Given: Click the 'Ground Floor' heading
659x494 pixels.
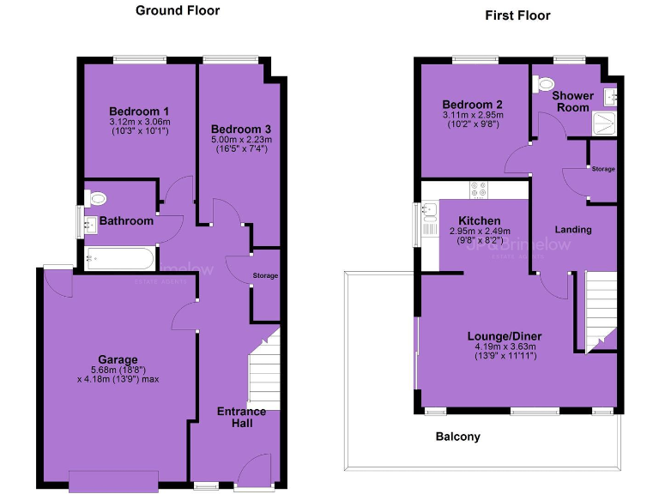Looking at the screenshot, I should tap(178, 11).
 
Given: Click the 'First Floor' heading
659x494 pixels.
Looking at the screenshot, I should tap(517, 15).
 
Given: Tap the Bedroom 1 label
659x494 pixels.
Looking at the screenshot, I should tap(138, 111).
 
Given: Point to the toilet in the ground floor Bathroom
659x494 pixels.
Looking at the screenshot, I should tap(97, 198).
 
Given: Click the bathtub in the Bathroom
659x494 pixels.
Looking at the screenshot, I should tap(120, 257).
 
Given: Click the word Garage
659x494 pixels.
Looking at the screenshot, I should tap(118, 358).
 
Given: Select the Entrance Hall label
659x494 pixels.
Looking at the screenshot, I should tap(241, 418).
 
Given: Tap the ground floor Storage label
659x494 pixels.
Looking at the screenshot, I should tap(265, 276).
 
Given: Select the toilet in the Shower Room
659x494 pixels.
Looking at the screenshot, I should tap(542, 84).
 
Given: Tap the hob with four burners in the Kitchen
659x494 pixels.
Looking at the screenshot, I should tap(478, 190).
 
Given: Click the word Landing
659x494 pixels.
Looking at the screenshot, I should tap(572, 230).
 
